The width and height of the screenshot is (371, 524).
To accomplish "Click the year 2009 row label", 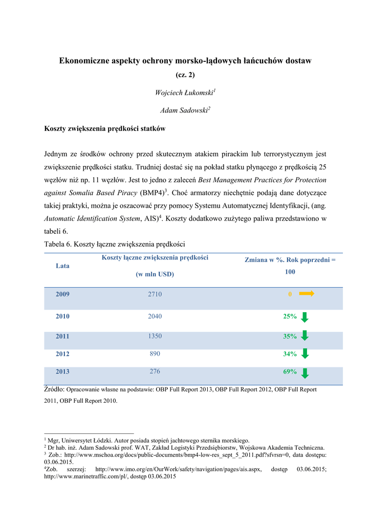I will pos(62,294).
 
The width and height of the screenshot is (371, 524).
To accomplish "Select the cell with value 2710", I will pos(155,294).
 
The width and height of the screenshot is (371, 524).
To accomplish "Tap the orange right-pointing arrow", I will pos(307,294).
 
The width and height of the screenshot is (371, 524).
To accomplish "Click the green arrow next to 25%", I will pos(304,317).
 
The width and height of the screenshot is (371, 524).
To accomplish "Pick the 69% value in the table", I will pos(290,372).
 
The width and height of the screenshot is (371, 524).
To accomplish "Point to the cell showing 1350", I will pos(155,336).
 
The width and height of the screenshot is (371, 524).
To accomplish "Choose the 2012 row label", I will pos(62,354).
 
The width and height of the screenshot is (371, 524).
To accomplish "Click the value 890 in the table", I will pos(155,354).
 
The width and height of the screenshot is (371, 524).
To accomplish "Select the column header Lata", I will pos(62,266).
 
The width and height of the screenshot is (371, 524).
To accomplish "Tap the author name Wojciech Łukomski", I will pos(184,93).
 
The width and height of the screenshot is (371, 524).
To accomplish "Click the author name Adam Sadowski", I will pos(184,110).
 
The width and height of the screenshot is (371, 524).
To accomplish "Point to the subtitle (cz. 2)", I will pos(185,75).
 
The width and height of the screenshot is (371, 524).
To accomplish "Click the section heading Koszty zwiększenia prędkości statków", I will pos(105,129).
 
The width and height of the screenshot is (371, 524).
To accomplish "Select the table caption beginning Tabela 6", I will pos(115,244).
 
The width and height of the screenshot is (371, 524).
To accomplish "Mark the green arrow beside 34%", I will pos(304,354).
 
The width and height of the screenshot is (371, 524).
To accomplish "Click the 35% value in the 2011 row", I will pos(290,336).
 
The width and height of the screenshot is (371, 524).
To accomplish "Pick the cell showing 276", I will pos(155,371).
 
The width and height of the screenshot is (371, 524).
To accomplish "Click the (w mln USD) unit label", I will pos(155,274).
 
